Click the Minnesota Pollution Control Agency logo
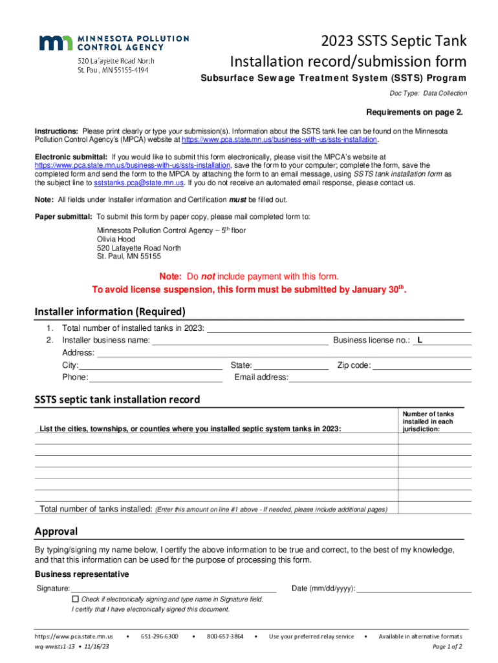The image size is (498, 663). pos(114,43)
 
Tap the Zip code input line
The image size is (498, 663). pos(422,365)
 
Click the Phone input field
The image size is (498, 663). pos(156,377)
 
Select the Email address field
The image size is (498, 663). pos(380,377)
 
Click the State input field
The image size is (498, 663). pos(291,365)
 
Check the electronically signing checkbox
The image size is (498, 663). pos(75,599)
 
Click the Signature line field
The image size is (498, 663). pos(173,588)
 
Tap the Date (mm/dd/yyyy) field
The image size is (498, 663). pos(414,588)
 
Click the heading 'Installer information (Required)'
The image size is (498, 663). pos(110,311)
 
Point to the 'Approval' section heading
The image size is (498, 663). pos(56,532)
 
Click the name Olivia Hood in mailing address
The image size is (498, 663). pos(116,239)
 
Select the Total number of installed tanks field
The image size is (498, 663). pos(334,328)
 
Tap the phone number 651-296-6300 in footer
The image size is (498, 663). pos(159,636)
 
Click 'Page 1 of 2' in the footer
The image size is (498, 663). pos(446,646)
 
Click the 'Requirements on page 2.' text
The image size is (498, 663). pos(415,111)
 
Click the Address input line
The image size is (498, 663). pos(283,353)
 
